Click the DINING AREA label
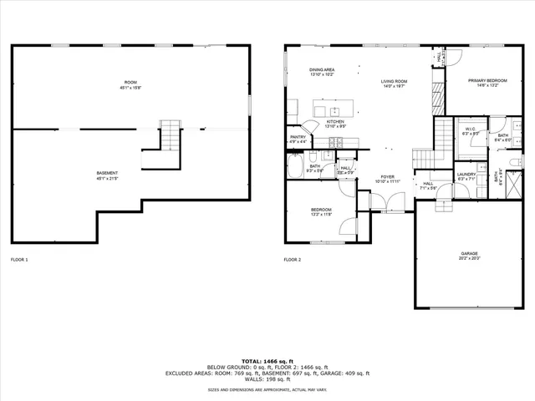click(299, 69)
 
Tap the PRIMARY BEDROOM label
click(487, 80)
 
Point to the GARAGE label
click(469, 253)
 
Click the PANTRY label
click(298, 137)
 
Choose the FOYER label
click(388, 176)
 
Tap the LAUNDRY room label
click(466, 174)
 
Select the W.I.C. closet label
click(470, 129)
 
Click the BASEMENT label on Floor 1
click(107, 173)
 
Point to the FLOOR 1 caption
click(18, 260)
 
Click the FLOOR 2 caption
click(292, 260)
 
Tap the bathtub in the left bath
click(294, 165)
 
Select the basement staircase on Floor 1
click(170, 134)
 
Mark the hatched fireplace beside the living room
click(436, 98)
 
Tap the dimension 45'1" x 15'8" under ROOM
click(130, 86)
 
